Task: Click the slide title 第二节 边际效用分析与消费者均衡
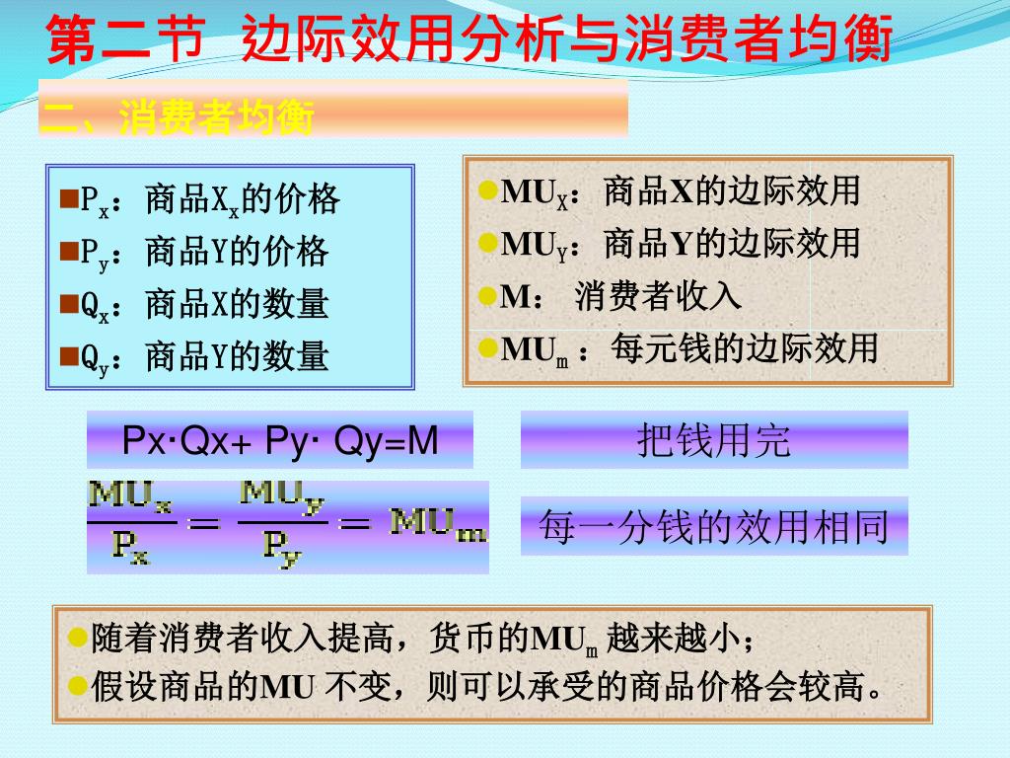[469, 39]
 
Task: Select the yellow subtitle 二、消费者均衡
[178, 119]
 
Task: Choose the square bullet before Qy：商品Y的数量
[69, 355]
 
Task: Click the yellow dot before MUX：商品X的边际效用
[487, 189]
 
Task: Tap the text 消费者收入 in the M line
[658, 295]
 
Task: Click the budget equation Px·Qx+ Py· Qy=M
[280, 440]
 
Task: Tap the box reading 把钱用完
[714, 440]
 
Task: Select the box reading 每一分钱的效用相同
[714, 526]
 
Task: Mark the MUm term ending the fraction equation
[438, 523]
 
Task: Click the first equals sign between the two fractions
[204, 524]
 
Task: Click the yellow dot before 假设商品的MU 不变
[78, 684]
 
